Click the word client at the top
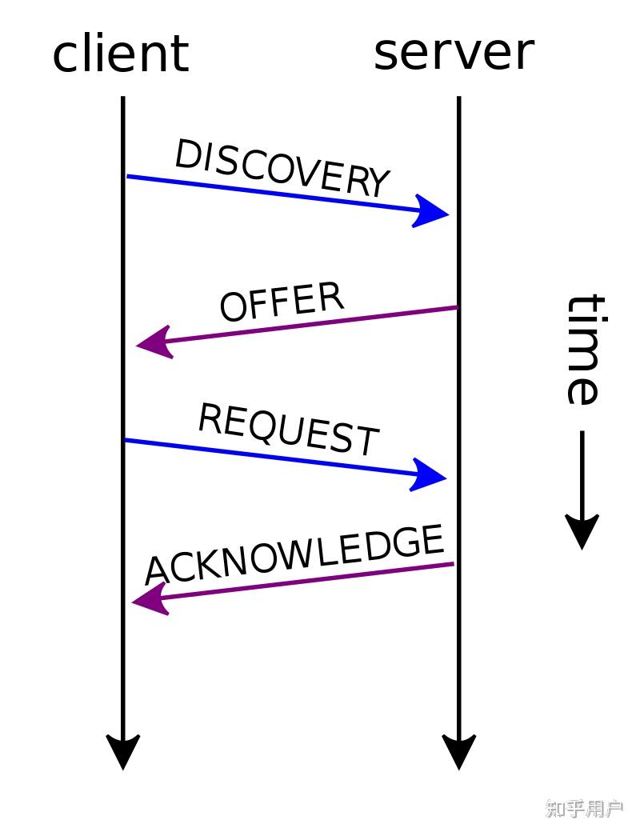(x=121, y=53)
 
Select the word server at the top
(x=454, y=53)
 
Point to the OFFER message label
(x=282, y=301)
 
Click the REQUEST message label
(x=289, y=430)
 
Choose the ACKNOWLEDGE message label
(x=294, y=554)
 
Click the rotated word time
(x=585, y=350)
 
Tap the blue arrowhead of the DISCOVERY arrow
(x=430, y=211)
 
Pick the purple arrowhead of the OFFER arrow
(x=155, y=342)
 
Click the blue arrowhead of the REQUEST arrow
(x=428, y=475)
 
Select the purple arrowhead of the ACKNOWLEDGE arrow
(x=150, y=599)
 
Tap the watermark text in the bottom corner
(x=584, y=809)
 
